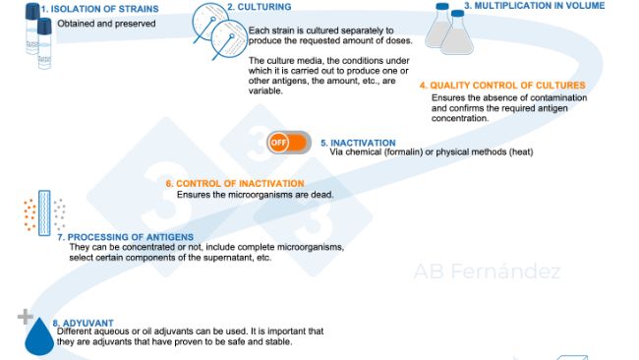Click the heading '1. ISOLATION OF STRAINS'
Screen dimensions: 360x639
[92, 9]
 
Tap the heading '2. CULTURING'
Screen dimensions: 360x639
[258, 7]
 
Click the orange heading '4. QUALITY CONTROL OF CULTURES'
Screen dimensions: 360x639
[501, 86]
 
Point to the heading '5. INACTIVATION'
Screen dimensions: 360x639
[357, 143]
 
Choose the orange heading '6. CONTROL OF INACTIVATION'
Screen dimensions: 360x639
[234, 183]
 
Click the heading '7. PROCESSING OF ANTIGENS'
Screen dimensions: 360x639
[124, 236]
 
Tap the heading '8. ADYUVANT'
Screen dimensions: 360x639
[83, 322]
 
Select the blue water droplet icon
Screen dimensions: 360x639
[39, 336]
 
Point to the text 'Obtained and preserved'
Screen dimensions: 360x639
[106, 23]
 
